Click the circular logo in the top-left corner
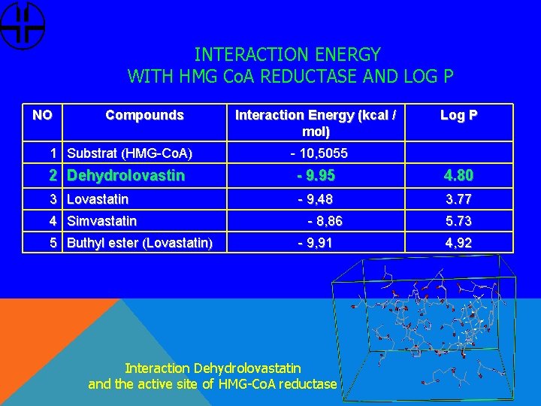pyautogui.click(x=23, y=25)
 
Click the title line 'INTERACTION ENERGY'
pyautogui.click(x=287, y=55)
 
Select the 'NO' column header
pyautogui.click(x=43, y=115)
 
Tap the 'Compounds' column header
pyautogui.click(x=144, y=115)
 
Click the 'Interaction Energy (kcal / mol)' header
pyautogui.click(x=316, y=123)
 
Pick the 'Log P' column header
pyautogui.click(x=458, y=115)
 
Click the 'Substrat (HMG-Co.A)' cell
pyautogui.click(x=129, y=153)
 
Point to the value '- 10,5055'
pyautogui.click(x=319, y=153)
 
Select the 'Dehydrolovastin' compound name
pyautogui.click(x=125, y=176)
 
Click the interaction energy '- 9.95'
pyautogui.click(x=316, y=176)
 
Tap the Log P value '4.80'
pyautogui.click(x=458, y=176)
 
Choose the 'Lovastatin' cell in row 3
pyautogui.click(x=98, y=199)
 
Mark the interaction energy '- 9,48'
pyautogui.click(x=316, y=199)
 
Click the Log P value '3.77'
pyautogui.click(x=458, y=199)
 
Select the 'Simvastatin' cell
pyautogui.click(x=102, y=221)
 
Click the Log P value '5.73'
pyautogui.click(x=458, y=221)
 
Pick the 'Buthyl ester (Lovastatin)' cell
pyautogui.click(x=140, y=243)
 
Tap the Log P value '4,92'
pyautogui.click(x=458, y=243)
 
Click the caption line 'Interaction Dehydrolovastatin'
pyautogui.click(x=213, y=368)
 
